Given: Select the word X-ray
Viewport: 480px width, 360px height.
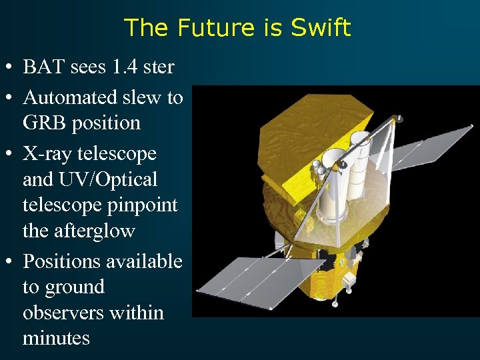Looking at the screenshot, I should pos(48,154).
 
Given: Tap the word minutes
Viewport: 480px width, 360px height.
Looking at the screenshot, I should pos(56,338).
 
